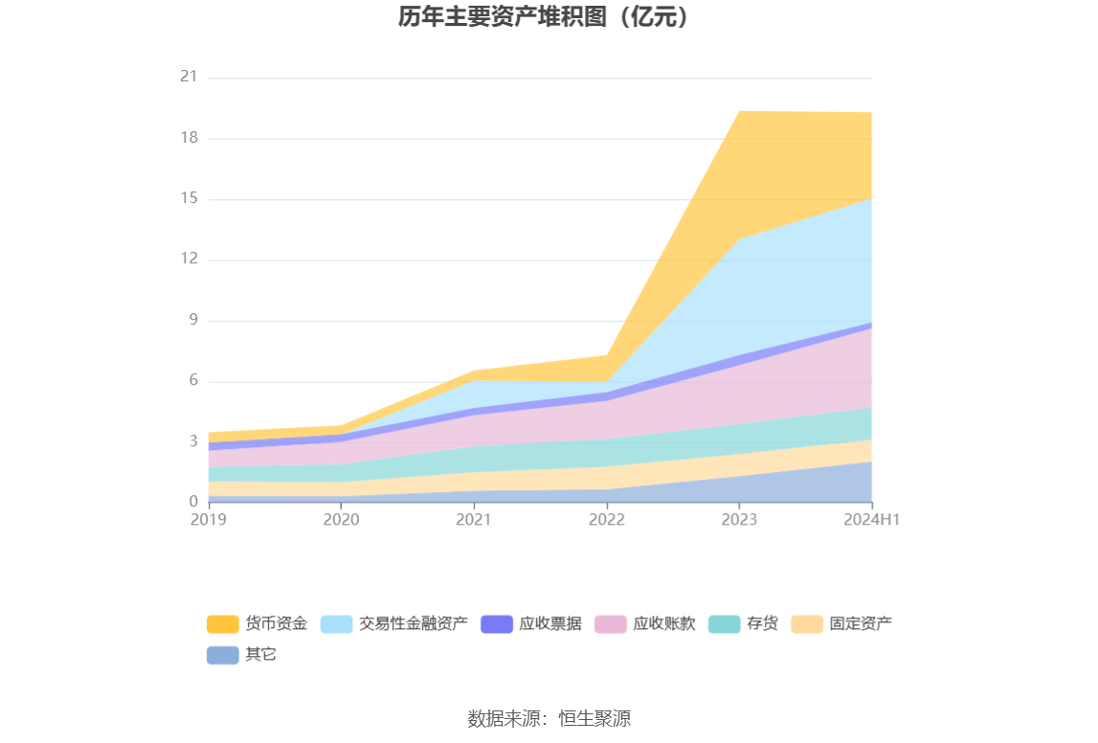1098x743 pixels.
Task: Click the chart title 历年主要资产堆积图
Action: [544, 16]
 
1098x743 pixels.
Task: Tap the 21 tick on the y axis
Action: [189, 77]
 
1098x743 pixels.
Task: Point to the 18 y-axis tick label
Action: [189, 138]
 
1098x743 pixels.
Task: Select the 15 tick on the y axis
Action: [189, 198]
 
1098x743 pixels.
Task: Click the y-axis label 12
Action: [189, 259]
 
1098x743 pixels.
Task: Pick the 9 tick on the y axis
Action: [192, 320]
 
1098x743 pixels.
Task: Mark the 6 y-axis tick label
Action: [192, 380]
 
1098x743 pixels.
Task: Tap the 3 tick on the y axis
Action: [192, 441]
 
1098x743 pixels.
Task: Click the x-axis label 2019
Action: [208, 520]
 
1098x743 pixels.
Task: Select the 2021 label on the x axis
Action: [473, 520]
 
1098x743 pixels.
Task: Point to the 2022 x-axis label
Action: [606, 520]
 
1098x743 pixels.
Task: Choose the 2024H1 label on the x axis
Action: [872, 520]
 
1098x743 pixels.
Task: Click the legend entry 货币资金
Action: [257, 624]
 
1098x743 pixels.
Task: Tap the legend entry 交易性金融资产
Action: [393, 624]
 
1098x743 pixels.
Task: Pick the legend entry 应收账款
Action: [644, 624]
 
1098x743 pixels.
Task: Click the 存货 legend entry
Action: [743, 624]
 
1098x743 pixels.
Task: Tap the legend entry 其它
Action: [241, 655]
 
